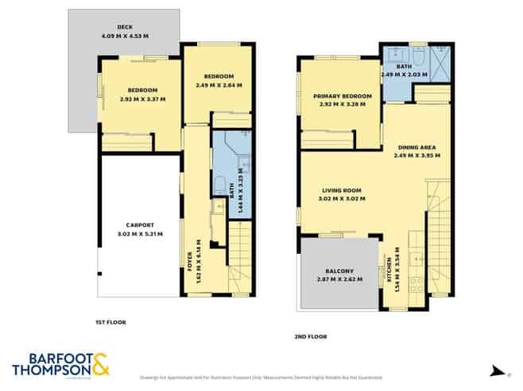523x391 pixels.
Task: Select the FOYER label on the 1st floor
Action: [x=190, y=260]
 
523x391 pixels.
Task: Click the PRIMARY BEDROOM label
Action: [x=334, y=96]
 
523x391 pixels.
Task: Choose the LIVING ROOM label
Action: [x=343, y=190]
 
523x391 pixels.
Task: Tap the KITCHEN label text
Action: [x=387, y=270]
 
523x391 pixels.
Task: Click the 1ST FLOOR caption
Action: [x=111, y=322]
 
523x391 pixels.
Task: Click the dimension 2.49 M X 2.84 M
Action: [x=216, y=85]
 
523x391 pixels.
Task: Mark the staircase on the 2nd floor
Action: [x=439, y=238]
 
